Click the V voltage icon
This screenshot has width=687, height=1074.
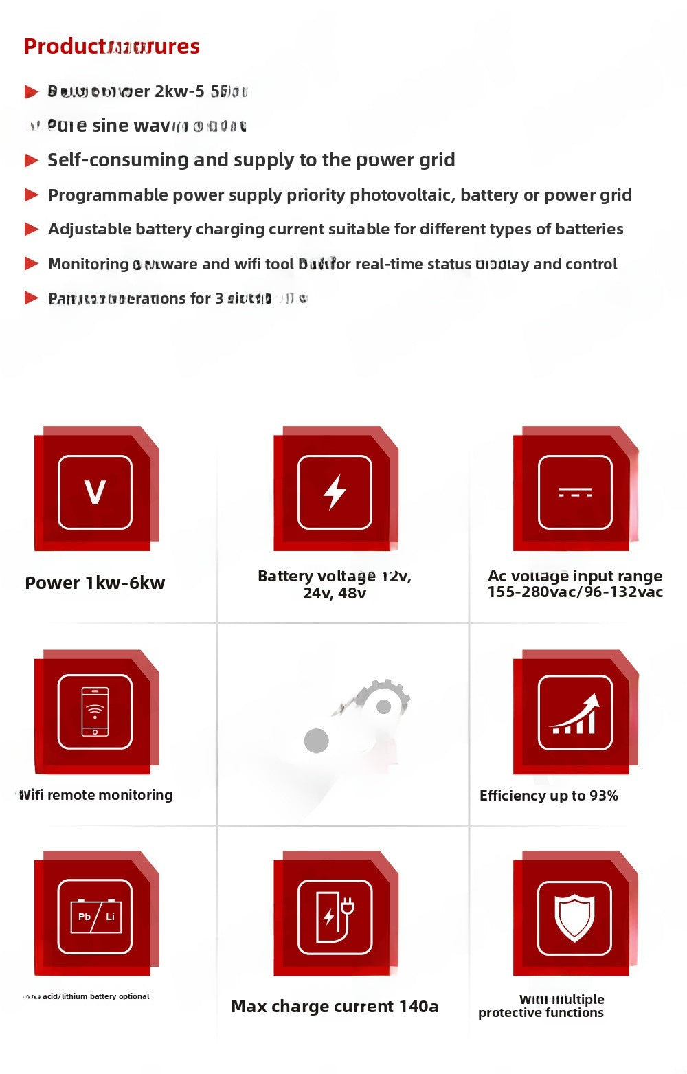tap(95, 492)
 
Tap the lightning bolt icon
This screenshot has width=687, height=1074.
tap(335, 492)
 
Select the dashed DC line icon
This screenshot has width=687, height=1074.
tap(574, 493)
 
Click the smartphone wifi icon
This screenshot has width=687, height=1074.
tap(95, 712)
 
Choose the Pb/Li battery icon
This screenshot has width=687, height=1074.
tap(95, 917)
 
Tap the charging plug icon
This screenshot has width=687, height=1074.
tap(335, 917)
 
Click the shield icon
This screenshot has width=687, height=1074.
tap(574, 917)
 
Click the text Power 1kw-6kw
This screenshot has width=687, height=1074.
tap(95, 583)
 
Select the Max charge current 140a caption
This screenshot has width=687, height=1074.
tap(335, 1007)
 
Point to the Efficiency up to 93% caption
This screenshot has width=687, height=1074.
tap(548, 796)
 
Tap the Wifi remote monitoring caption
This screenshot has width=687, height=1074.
tap(95, 795)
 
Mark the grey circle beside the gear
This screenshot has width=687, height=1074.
tap(316, 741)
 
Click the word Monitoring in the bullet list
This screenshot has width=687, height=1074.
tap(88, 265)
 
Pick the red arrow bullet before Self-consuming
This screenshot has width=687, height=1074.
tap(31, 160)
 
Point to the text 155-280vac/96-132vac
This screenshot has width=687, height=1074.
tap(575, 592)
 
